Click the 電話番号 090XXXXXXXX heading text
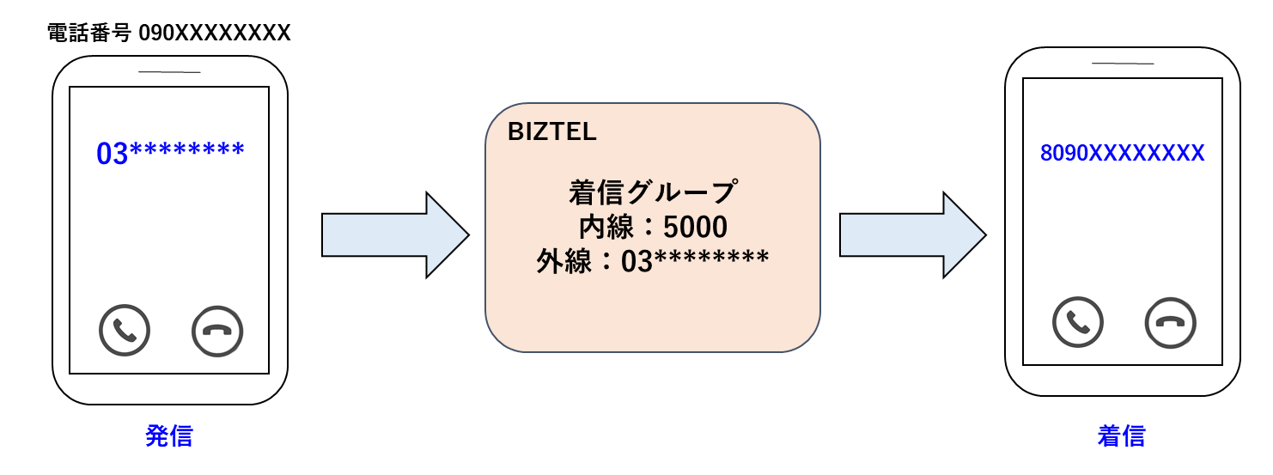click(x=170, y=33)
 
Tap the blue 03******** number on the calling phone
click(x=170, y=153)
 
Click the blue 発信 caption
click(x=169, y=435)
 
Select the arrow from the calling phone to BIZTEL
click(x=394, y=234)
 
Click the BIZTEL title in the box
click(x=552, y=132)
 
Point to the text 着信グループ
click(x=652, y=192)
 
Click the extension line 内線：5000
click(x=652, y=227)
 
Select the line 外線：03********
click(x=652, y=261)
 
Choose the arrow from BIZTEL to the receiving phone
click(x=911, y=234)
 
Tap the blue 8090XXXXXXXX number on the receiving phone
click(x=1122, y=154)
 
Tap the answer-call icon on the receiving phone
click(x=1077, y=322)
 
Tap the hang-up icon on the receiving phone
click(x=1170, y=322)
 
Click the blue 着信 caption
click(x=1121, y=435)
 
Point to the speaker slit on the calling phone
click(x=169, y=72)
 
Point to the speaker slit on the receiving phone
click(x=1122, y=64)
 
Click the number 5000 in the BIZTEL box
click(x=695, y=227)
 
